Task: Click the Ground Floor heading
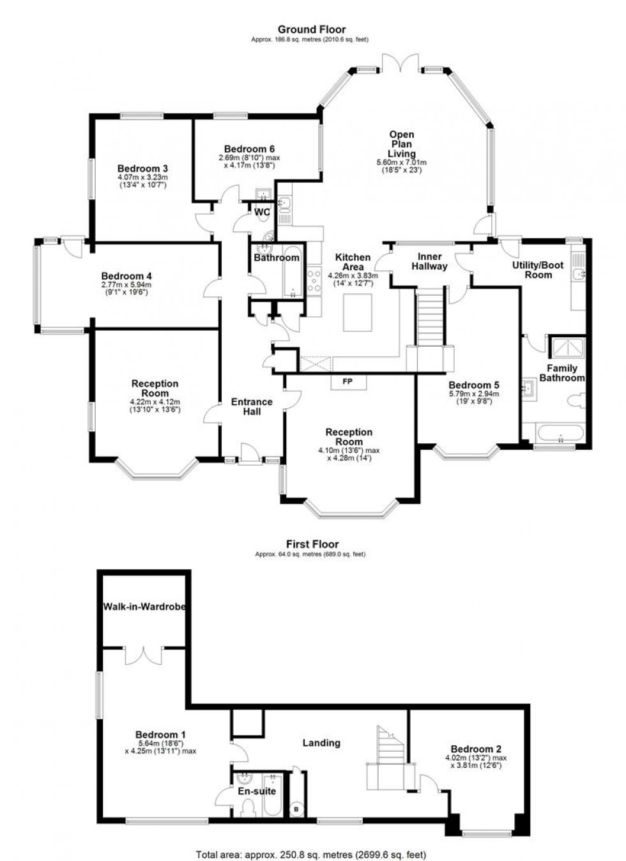click(x=312, y=29)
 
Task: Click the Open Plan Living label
click(x=402, y=144)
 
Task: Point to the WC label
click(x=263, y=212)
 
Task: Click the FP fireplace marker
click(x=348, y=382)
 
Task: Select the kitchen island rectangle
click(x=356, y=312)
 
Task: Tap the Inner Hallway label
click(x=429, y=261)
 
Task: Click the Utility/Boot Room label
click(x=538, y=270)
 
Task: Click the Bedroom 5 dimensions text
click(x=473, y=398)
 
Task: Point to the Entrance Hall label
click(x=252, y=406)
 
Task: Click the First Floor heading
click(x=312, y=544)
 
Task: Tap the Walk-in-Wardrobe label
click(x=144, y=606)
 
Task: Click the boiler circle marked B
click(x=296, y=809)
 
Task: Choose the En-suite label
click(x=257, y=791)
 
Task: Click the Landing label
click(x=321, y=742)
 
